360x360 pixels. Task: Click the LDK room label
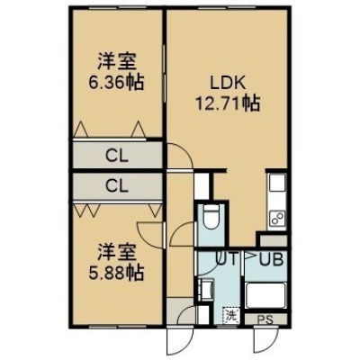pos(228,84)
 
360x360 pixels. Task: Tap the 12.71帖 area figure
pos(228,103)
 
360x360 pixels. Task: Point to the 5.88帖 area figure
pos(116,272)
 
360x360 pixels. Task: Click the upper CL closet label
pos(117,156)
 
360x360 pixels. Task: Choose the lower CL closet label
pos(117,186)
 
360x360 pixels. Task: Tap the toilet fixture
pos(210,217)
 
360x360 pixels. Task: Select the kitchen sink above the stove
pos(277,183)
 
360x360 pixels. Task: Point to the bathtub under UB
pos(265,295)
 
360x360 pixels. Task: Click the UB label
pos(271,260)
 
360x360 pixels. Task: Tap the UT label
pos(227,258)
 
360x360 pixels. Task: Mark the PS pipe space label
pos(265,319)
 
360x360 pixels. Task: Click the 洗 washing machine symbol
pos(230,315)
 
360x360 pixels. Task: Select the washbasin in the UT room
pos(206,289)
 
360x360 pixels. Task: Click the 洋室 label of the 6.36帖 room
pos(116,62)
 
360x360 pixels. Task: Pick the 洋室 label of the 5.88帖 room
pos(116,253)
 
